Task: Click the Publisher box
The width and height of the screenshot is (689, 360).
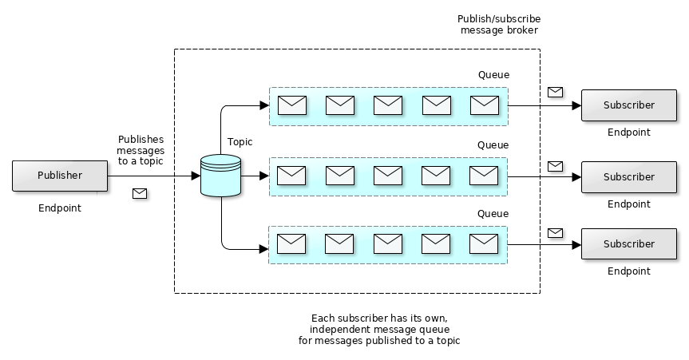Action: (x=60, y=176)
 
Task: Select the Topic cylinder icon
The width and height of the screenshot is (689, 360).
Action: (x=220, y=176)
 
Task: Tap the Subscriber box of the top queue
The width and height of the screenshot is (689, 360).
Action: (x=628, y=105)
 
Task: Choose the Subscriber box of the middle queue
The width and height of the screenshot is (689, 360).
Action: (x=628, y=176)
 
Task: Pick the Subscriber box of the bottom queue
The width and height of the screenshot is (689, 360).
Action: (x=628, y=243)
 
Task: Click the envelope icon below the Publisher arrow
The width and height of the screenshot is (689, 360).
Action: (x=140, y=193)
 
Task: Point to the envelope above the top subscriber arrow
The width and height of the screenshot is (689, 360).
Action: (x=555, y=92)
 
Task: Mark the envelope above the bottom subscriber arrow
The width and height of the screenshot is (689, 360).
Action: (x=555, y=232)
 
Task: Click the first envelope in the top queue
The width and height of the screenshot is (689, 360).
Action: (x=292, y=105)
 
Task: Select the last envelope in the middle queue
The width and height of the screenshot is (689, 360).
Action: (x=483, y=175)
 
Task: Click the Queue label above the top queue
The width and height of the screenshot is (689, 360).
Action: (x=493, y=75)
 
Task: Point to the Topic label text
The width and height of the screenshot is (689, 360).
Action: (x=240, y=142)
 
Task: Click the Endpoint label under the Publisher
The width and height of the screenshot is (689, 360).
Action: (x=60, y=208)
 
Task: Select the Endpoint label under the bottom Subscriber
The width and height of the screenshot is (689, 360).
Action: (x=628, y=271)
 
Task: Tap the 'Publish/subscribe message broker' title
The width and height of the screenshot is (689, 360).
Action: (x=499, y=25)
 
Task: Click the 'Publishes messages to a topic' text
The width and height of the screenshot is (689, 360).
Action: (x=141, y=150)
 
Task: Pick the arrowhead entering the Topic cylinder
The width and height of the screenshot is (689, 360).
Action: (x=196, y=176)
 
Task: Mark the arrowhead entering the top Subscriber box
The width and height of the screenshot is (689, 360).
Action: (x=576, y=105)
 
